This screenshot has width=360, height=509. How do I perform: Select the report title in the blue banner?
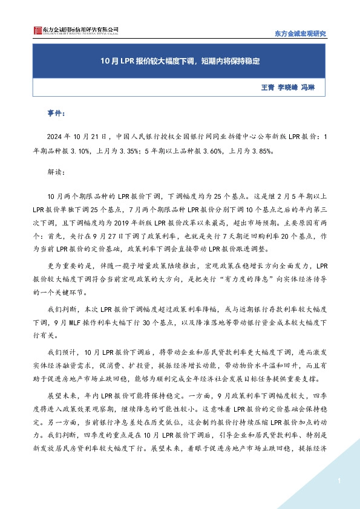point(180,60)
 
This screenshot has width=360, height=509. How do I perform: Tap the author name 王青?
point(267,87)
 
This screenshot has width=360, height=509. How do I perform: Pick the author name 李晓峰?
point(288,87)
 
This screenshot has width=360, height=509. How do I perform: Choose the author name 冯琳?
point(308,87)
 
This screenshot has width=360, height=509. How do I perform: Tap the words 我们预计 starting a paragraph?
point(59,351)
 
